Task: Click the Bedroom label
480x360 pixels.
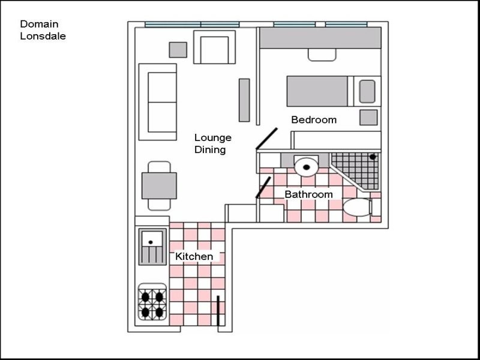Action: point(314,119)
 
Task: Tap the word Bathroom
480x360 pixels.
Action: point(308,194)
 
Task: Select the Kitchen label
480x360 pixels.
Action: point(194,257)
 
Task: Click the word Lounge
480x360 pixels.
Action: point(213,139)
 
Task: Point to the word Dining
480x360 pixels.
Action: point(211,150)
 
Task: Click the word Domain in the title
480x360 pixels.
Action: point(39,24)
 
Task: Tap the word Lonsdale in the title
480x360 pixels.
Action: point(43,36)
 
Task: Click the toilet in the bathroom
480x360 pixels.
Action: point(358,207)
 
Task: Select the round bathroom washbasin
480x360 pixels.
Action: point(306,167)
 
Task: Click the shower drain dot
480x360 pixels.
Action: point(373,157)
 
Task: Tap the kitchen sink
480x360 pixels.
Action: point(152,247)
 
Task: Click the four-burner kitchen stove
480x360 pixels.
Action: point(152,302)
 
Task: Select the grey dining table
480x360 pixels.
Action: point(159,186)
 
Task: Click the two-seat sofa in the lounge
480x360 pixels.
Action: point(158,102)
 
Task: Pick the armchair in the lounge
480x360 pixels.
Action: point(215,47)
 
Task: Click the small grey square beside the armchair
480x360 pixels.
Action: point(178,50)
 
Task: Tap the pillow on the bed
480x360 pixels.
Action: point(367,91)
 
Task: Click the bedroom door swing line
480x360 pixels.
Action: point(266,139)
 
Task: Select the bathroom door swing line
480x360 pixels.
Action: point(263,187)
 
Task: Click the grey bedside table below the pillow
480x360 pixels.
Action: point(368,117)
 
